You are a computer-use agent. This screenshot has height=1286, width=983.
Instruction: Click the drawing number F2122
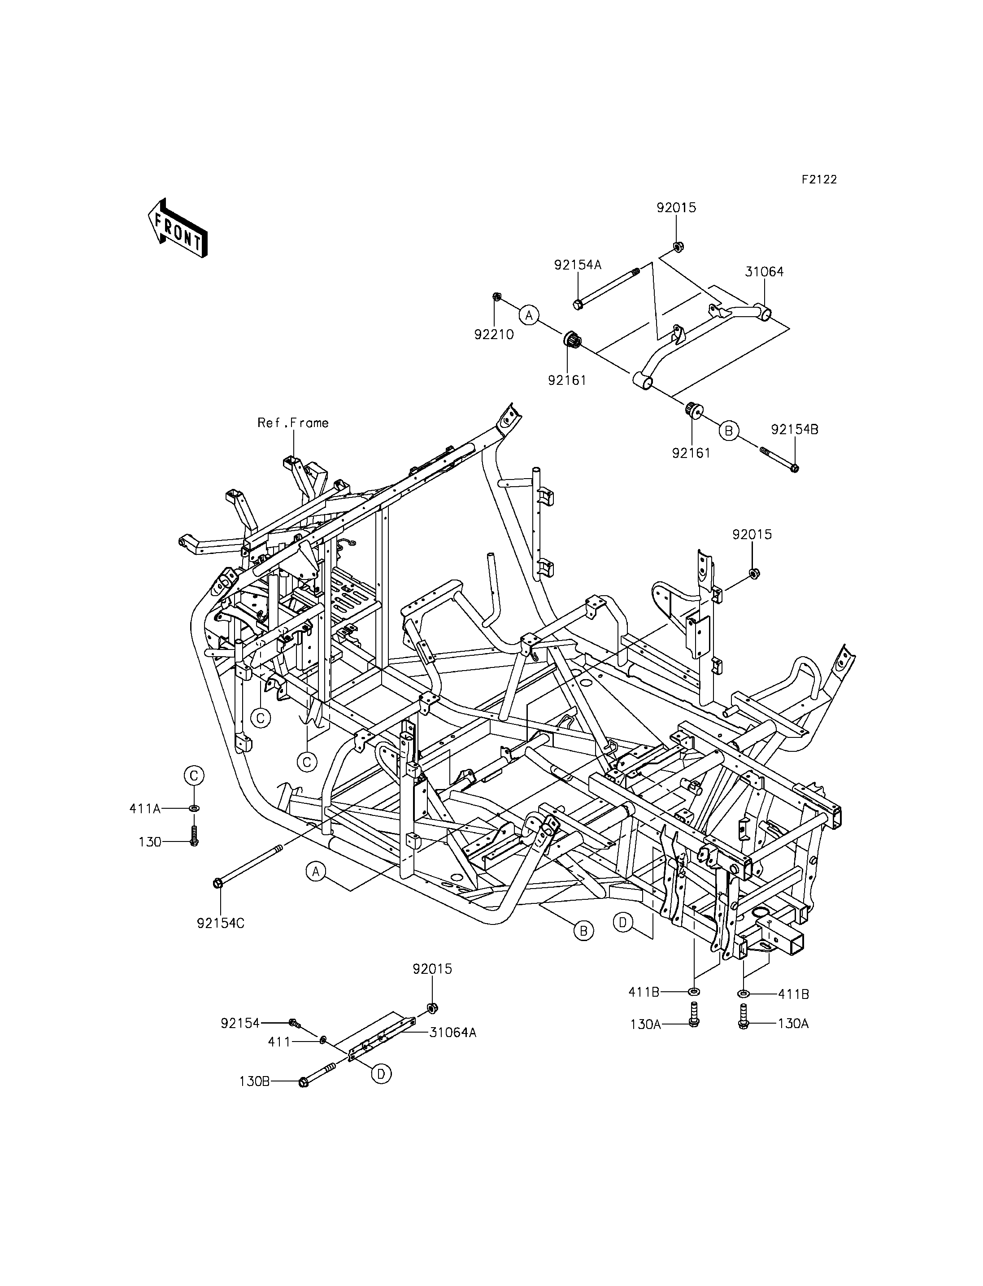[x=819, y=180]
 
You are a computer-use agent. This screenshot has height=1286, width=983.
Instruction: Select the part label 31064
[x=764, y=272]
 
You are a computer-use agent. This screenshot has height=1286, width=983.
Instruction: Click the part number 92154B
[x=795, y=429]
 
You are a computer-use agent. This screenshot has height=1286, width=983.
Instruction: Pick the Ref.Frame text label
[x=293, y=423]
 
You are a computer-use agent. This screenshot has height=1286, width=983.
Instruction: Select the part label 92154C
[x=221, y=923]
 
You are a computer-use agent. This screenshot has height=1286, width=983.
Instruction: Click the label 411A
[x=145, y=808]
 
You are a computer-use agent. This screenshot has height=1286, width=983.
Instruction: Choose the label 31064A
[x=453, y=1033]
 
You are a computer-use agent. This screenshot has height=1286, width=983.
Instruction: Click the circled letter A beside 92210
[x=529, y=315]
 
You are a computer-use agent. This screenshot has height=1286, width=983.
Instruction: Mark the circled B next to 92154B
[x=728, y=431]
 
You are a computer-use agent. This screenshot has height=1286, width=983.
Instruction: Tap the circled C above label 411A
[x=194, y=776]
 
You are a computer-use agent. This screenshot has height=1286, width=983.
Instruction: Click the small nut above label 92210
[x=496, y=297]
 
